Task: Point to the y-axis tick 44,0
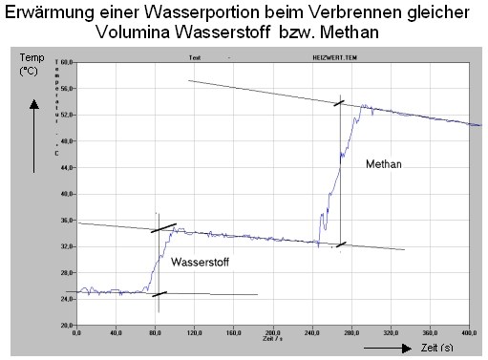click(68, 167)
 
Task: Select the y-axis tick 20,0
click(68, 326)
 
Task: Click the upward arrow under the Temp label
click(34, 134)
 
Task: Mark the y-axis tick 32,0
click(68, 246)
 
